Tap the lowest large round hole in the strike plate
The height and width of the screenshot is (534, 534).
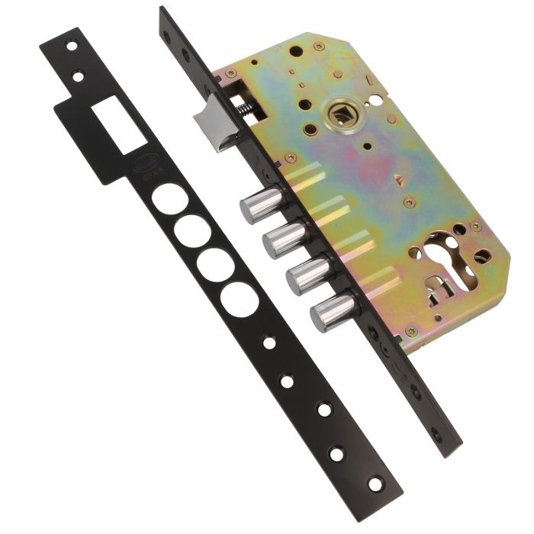pyautogui.click(x=240, y=298)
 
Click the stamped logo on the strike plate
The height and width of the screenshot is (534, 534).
pyautogui.click(x=132, y=177)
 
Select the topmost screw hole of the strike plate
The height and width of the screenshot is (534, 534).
pyautogui.click(x=71, y=46)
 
